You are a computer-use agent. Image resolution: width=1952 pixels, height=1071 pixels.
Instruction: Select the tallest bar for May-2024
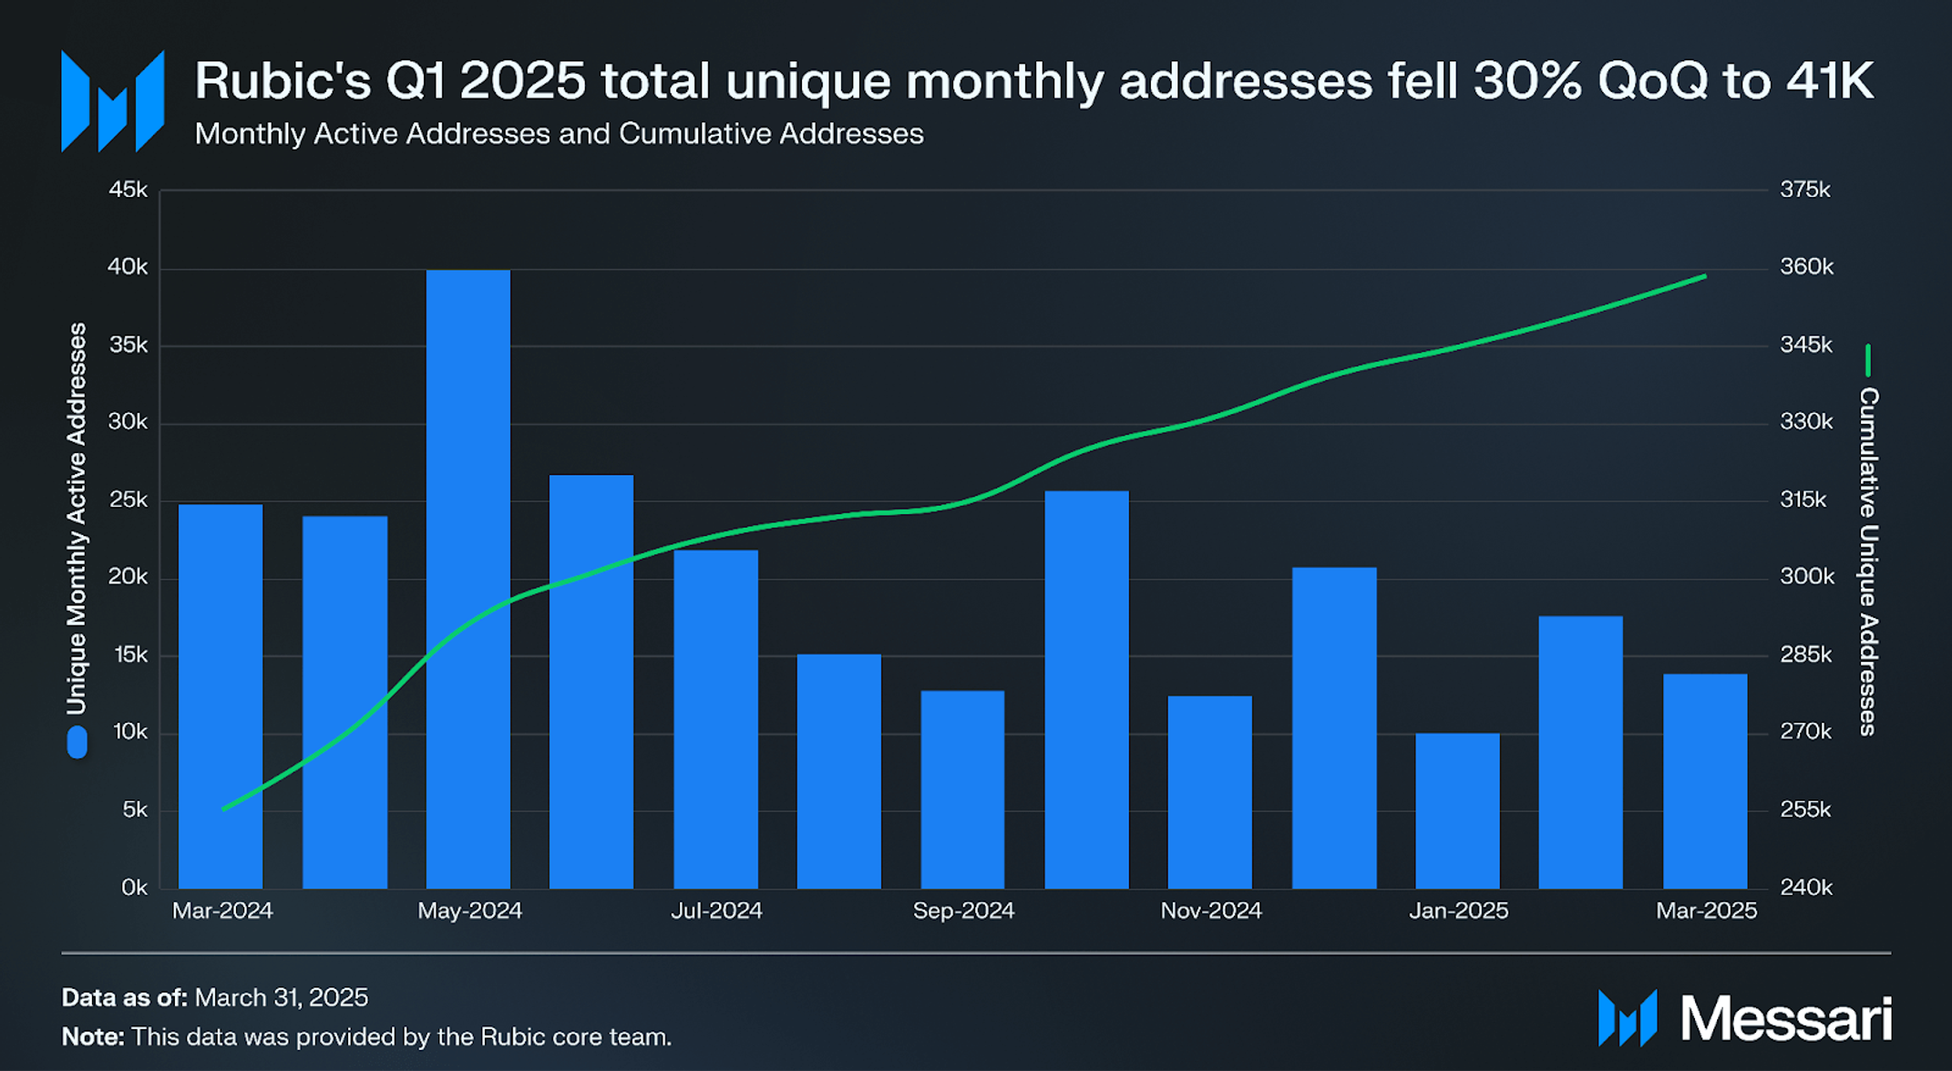click(468, 579)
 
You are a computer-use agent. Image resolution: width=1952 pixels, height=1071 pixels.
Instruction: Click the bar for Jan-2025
click(1457, 810)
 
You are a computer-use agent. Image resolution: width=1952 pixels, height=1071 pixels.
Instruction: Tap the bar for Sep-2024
click(962, 789)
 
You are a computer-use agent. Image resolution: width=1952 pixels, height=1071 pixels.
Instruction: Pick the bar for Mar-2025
click(1704, 781)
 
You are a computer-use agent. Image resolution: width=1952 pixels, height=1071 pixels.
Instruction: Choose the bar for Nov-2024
click(1209, 792)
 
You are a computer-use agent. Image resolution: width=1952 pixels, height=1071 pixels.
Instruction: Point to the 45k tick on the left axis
click(128, 190)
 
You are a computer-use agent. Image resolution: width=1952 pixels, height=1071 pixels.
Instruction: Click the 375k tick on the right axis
click(1805, 190)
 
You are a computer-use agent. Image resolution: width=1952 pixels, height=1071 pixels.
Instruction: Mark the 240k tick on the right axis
click(1805, 887)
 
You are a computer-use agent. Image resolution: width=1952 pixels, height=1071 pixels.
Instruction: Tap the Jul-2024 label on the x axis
click(716, 911)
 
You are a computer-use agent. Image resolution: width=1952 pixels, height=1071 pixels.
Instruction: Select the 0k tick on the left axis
click(134, 887)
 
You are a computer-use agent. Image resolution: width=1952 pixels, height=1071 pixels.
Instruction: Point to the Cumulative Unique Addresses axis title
click(1868, 561)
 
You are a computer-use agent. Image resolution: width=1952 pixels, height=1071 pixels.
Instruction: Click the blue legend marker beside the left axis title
click(77, 742)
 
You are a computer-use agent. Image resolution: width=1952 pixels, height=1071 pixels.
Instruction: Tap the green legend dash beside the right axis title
click(1868, 360)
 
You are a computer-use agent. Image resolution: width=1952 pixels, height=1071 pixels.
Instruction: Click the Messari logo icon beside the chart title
click(112, 101)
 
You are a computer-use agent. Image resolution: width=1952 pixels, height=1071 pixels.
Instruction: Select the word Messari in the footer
click(1786, 1018)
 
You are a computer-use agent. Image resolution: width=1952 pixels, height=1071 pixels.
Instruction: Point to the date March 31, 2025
click(282, 997)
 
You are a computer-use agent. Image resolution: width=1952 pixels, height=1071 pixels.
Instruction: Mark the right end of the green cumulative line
click(1705, 276)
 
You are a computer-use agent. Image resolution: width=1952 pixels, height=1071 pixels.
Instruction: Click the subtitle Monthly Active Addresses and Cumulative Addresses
click(559, 134)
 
